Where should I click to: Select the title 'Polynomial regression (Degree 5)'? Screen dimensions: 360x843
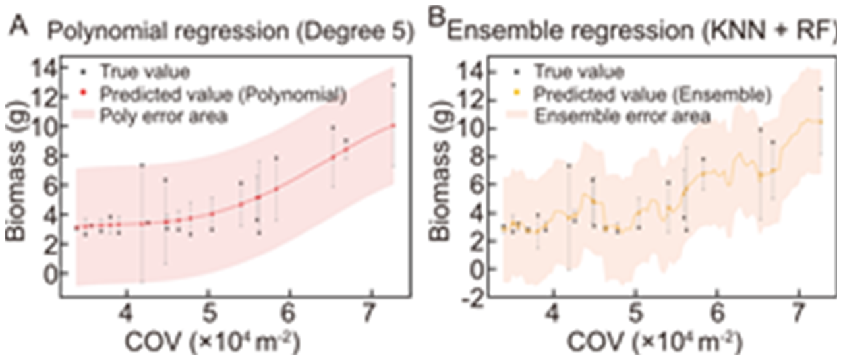click(231, 34)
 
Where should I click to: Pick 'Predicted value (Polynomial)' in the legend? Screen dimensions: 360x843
click(223, 94)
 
